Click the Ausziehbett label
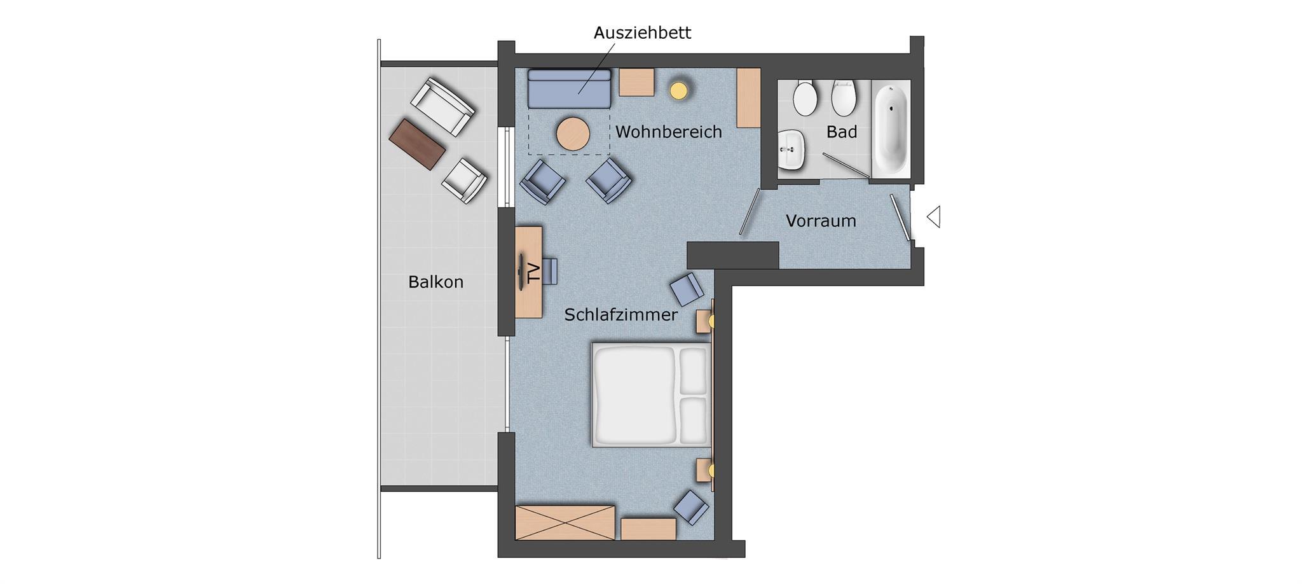642,32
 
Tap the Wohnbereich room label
669,132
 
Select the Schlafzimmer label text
621,315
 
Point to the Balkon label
435,282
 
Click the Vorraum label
821,221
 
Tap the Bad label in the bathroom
842,132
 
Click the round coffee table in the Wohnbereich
573,134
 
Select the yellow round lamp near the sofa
679,90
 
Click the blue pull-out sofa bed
569,88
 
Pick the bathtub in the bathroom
890,129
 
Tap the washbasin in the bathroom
791,149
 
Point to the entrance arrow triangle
933,217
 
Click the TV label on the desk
533,272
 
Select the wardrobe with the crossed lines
565,523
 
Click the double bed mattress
651,395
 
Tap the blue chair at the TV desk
550,271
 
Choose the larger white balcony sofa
442,106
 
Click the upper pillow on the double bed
694,371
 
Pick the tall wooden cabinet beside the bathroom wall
749,98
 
